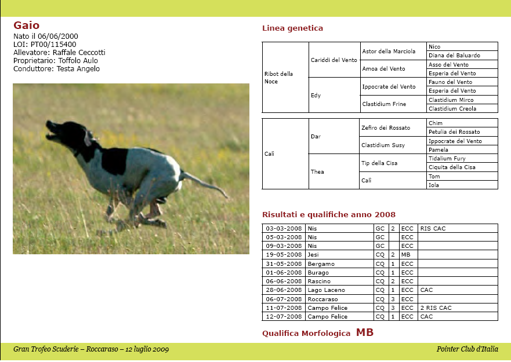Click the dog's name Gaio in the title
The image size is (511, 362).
point(27,25)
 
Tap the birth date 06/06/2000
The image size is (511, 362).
point(59,36)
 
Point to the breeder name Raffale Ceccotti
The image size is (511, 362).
point(79,53)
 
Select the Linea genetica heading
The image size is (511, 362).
point(292,28)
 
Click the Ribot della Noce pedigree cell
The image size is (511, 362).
point(279,78)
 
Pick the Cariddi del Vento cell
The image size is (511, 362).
point(334,60)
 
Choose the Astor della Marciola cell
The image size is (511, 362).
point(389,52)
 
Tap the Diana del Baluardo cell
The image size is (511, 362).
point(454,56)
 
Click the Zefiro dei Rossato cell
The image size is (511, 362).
point(386,127)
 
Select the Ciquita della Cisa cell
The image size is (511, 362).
point(452,167)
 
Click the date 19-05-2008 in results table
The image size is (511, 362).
point(284,255)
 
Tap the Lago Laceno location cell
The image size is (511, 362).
point(327,290)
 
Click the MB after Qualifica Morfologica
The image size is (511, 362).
point(365,332)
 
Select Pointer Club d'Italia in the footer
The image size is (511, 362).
point(467,349)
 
